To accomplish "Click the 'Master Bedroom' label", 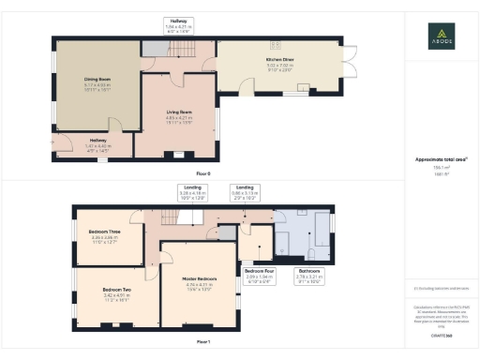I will (x=200, y=278).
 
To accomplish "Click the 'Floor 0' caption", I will (x=203, y=173).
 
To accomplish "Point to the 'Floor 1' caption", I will (x=203, y=344).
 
